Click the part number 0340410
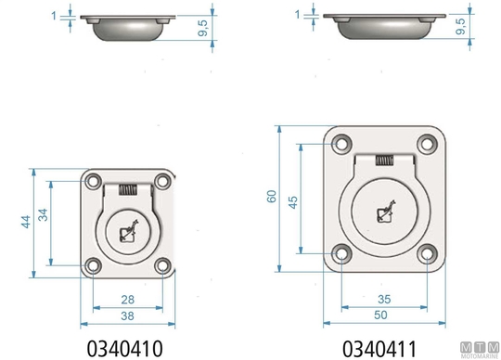[x=125, y=349]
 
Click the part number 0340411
[x=379, y=349]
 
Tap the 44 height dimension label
[x=26, y=222]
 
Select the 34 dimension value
[x=43, y=214]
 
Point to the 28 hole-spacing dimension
[x=128, y=300]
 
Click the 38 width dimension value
[x=127, y=315]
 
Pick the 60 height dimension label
[x=272, y=196]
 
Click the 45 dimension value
[x=293, y=202]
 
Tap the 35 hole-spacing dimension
[x=384, y=300]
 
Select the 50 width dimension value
[x=380, y=315]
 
